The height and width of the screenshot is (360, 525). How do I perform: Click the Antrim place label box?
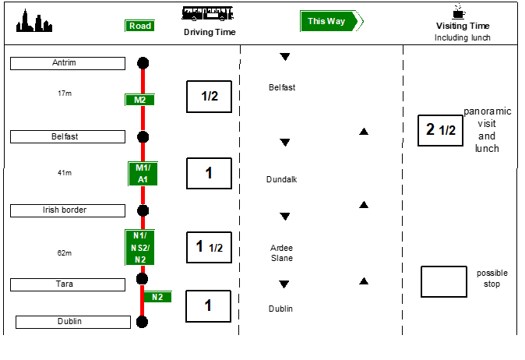[65, 63]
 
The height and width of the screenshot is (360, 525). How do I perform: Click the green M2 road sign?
[139, 100]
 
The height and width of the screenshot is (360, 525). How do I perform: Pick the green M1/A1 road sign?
[143, 174]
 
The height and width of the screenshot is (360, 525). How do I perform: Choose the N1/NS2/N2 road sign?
[140, 247]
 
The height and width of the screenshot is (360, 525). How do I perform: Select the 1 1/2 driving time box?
[209, 247]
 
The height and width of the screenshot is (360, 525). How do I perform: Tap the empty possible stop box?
[443, 281]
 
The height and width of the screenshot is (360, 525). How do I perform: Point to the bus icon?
[208, 13]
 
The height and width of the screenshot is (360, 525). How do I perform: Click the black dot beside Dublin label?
[142, 321]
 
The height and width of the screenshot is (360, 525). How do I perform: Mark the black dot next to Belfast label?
[143, 137]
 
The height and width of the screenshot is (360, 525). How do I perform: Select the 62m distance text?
[65, 253]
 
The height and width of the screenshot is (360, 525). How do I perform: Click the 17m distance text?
[65, 94]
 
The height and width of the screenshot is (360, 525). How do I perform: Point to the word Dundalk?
[281, 179]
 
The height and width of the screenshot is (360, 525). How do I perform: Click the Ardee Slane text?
[281, 252]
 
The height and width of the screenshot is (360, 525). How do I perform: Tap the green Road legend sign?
[139, 26]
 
